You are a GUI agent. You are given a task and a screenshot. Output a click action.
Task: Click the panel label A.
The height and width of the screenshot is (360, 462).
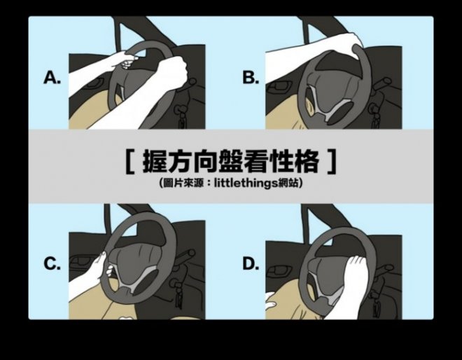52,78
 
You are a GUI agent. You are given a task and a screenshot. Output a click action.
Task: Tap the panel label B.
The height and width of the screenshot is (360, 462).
251,78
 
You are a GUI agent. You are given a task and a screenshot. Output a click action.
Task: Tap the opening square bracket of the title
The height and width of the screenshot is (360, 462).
129,161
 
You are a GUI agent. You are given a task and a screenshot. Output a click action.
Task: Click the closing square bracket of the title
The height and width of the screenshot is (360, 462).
332,161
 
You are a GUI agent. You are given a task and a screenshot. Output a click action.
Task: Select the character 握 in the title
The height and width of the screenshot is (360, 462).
155,161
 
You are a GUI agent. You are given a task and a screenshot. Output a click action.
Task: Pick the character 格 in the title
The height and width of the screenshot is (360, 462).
307,161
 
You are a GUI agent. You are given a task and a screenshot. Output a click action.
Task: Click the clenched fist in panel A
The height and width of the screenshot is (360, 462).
173,69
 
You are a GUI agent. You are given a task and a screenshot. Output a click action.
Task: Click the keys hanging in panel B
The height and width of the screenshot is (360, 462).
375,117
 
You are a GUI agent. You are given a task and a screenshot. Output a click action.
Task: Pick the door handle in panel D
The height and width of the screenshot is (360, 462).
277,270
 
